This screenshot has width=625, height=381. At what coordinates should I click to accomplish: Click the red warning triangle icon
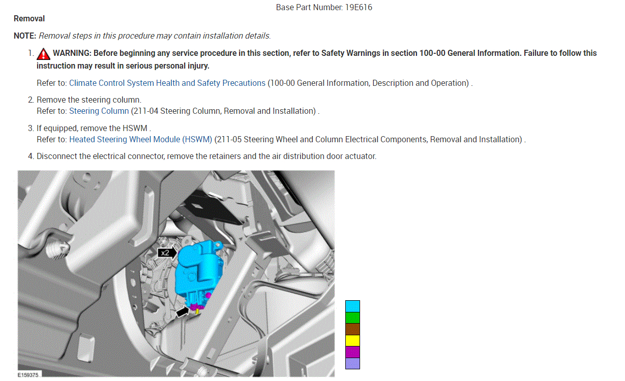point(43,54)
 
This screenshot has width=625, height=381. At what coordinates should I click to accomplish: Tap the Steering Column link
point(99,111)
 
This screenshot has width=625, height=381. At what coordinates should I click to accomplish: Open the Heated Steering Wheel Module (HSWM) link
point(141,139)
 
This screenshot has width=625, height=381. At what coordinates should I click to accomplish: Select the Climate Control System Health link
point(167,83)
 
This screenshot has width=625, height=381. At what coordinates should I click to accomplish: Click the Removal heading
point(29,19)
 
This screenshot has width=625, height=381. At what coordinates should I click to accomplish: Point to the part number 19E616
point(359,7)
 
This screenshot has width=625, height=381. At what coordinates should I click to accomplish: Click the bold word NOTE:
point(25,36)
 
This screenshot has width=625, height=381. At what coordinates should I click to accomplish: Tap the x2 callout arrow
point(167,252)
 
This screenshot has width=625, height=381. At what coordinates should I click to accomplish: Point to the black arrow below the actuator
point(183,311)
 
